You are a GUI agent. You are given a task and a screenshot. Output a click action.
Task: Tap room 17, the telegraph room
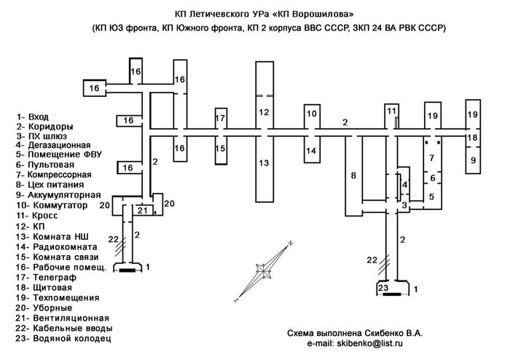click(x=220, y=118)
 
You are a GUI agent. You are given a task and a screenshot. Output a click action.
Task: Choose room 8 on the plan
click(x=353, y=176)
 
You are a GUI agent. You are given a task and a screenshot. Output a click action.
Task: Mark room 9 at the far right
click(x=474, y=160)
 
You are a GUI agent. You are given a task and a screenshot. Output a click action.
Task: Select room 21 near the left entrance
click(x=143, y=211)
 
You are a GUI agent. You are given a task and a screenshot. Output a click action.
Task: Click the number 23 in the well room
click(x=383, y=288)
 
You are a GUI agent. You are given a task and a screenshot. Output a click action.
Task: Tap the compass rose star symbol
click(x=264, y=270)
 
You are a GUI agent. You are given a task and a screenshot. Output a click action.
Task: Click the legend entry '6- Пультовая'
click(x=45, y=165)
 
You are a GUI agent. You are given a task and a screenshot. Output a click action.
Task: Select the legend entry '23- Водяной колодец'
click(x=63, y=338)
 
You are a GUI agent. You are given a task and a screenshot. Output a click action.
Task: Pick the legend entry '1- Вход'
click(x=33, y=117)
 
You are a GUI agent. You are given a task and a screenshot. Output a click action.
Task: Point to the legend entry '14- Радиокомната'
click(x=57, y=247)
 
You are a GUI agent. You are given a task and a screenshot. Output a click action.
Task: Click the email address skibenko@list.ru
click(x=370, y=343)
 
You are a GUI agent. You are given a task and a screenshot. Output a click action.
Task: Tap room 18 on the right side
click(x=472, y=138)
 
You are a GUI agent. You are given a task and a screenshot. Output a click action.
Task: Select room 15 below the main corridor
click(x=220, y=148)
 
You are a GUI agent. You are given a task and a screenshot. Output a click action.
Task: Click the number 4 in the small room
click(x=404, y=184)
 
